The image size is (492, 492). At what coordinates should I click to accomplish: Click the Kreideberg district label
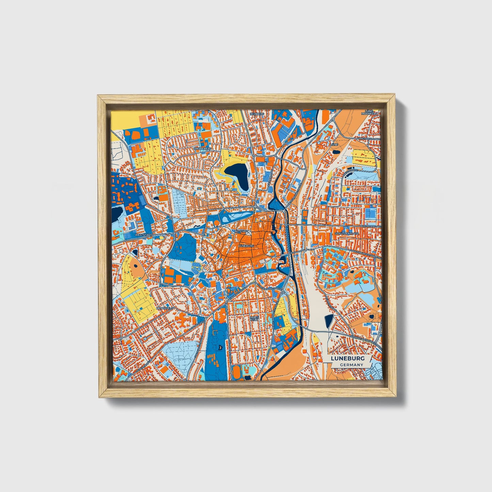coord(202,149)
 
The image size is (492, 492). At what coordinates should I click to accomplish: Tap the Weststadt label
coord(142,235)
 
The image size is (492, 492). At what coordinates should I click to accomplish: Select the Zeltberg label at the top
coord(257,114)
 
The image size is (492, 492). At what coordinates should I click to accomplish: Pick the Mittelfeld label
coord(165,308)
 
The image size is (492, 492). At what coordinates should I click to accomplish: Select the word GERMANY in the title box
coord(351,365)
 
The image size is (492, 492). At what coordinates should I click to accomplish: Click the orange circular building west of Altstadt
coord(216,223)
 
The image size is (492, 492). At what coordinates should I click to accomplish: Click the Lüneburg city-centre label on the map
coord(247,245)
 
